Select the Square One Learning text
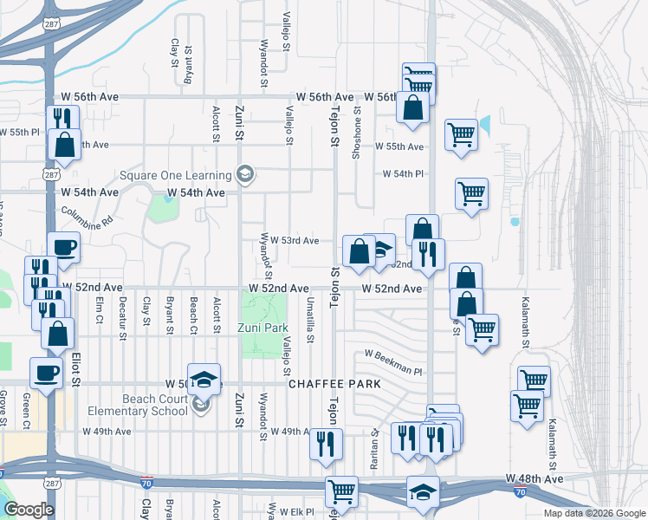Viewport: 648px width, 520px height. click(178, 175)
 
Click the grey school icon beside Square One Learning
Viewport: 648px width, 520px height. click(244, 175)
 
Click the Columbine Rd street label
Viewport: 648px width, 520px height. click(87, 217)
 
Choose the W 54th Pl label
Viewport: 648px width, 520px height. click(403, 174)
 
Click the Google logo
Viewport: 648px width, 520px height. click(29, 510)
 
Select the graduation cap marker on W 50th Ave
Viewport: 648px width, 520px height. click(204, 380)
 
